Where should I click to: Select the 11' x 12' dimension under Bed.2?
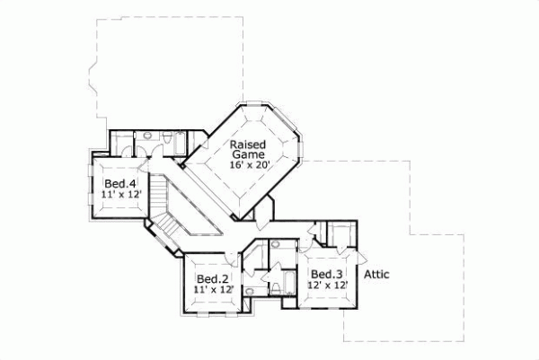tap(214, 290)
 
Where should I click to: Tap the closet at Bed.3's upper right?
tap(341, 235)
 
